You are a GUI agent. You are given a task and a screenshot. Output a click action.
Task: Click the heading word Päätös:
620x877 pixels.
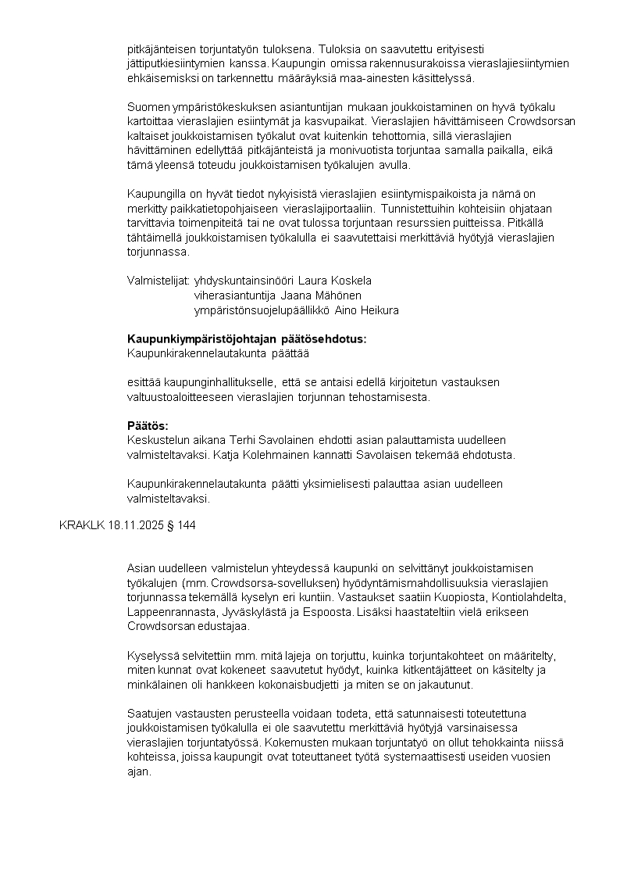click(148, 426)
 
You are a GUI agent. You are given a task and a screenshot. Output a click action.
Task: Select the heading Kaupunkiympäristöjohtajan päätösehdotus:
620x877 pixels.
click(246, 339)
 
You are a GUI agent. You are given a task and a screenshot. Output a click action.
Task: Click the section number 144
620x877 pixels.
click(187, 526)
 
